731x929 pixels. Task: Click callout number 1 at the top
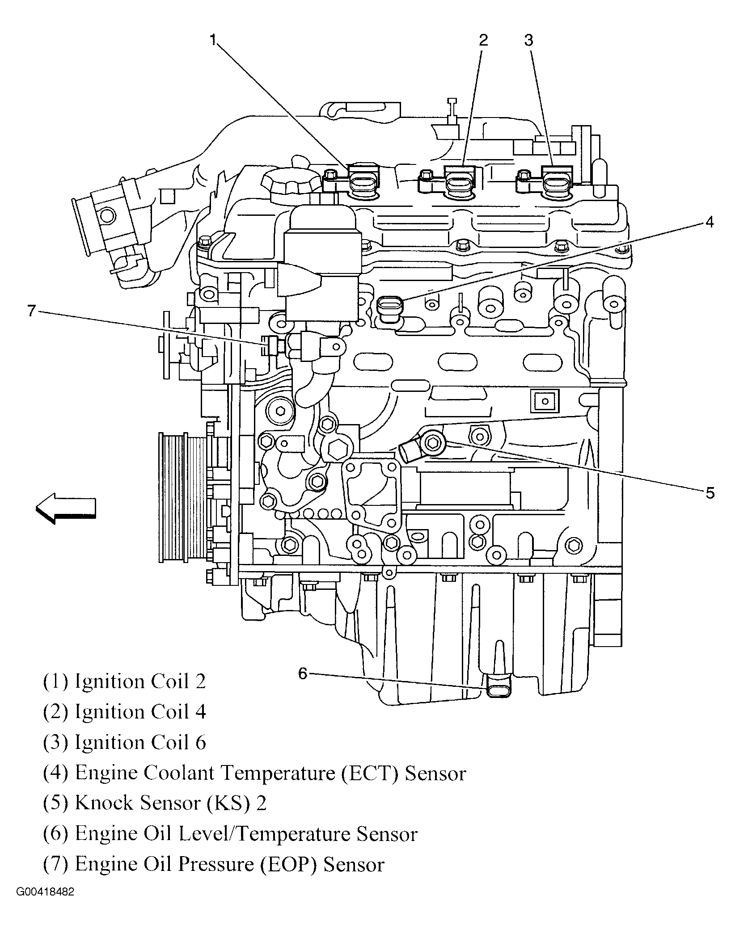tap(213, 41)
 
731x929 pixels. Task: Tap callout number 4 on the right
tap(710, 222)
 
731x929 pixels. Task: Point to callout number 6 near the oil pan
tap(303, 673)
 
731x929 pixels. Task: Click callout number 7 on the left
tap(31, 311)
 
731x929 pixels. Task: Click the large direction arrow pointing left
tap(66, 508)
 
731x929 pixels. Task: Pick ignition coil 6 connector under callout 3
tap(557, 183)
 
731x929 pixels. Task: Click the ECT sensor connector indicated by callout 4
tap(390, 308)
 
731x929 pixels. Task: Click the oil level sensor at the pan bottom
tap(498, 691)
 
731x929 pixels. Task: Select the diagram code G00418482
tap(45, 905)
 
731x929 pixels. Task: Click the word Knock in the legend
tap(104, 803)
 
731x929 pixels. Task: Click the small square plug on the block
tap(544, 400)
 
